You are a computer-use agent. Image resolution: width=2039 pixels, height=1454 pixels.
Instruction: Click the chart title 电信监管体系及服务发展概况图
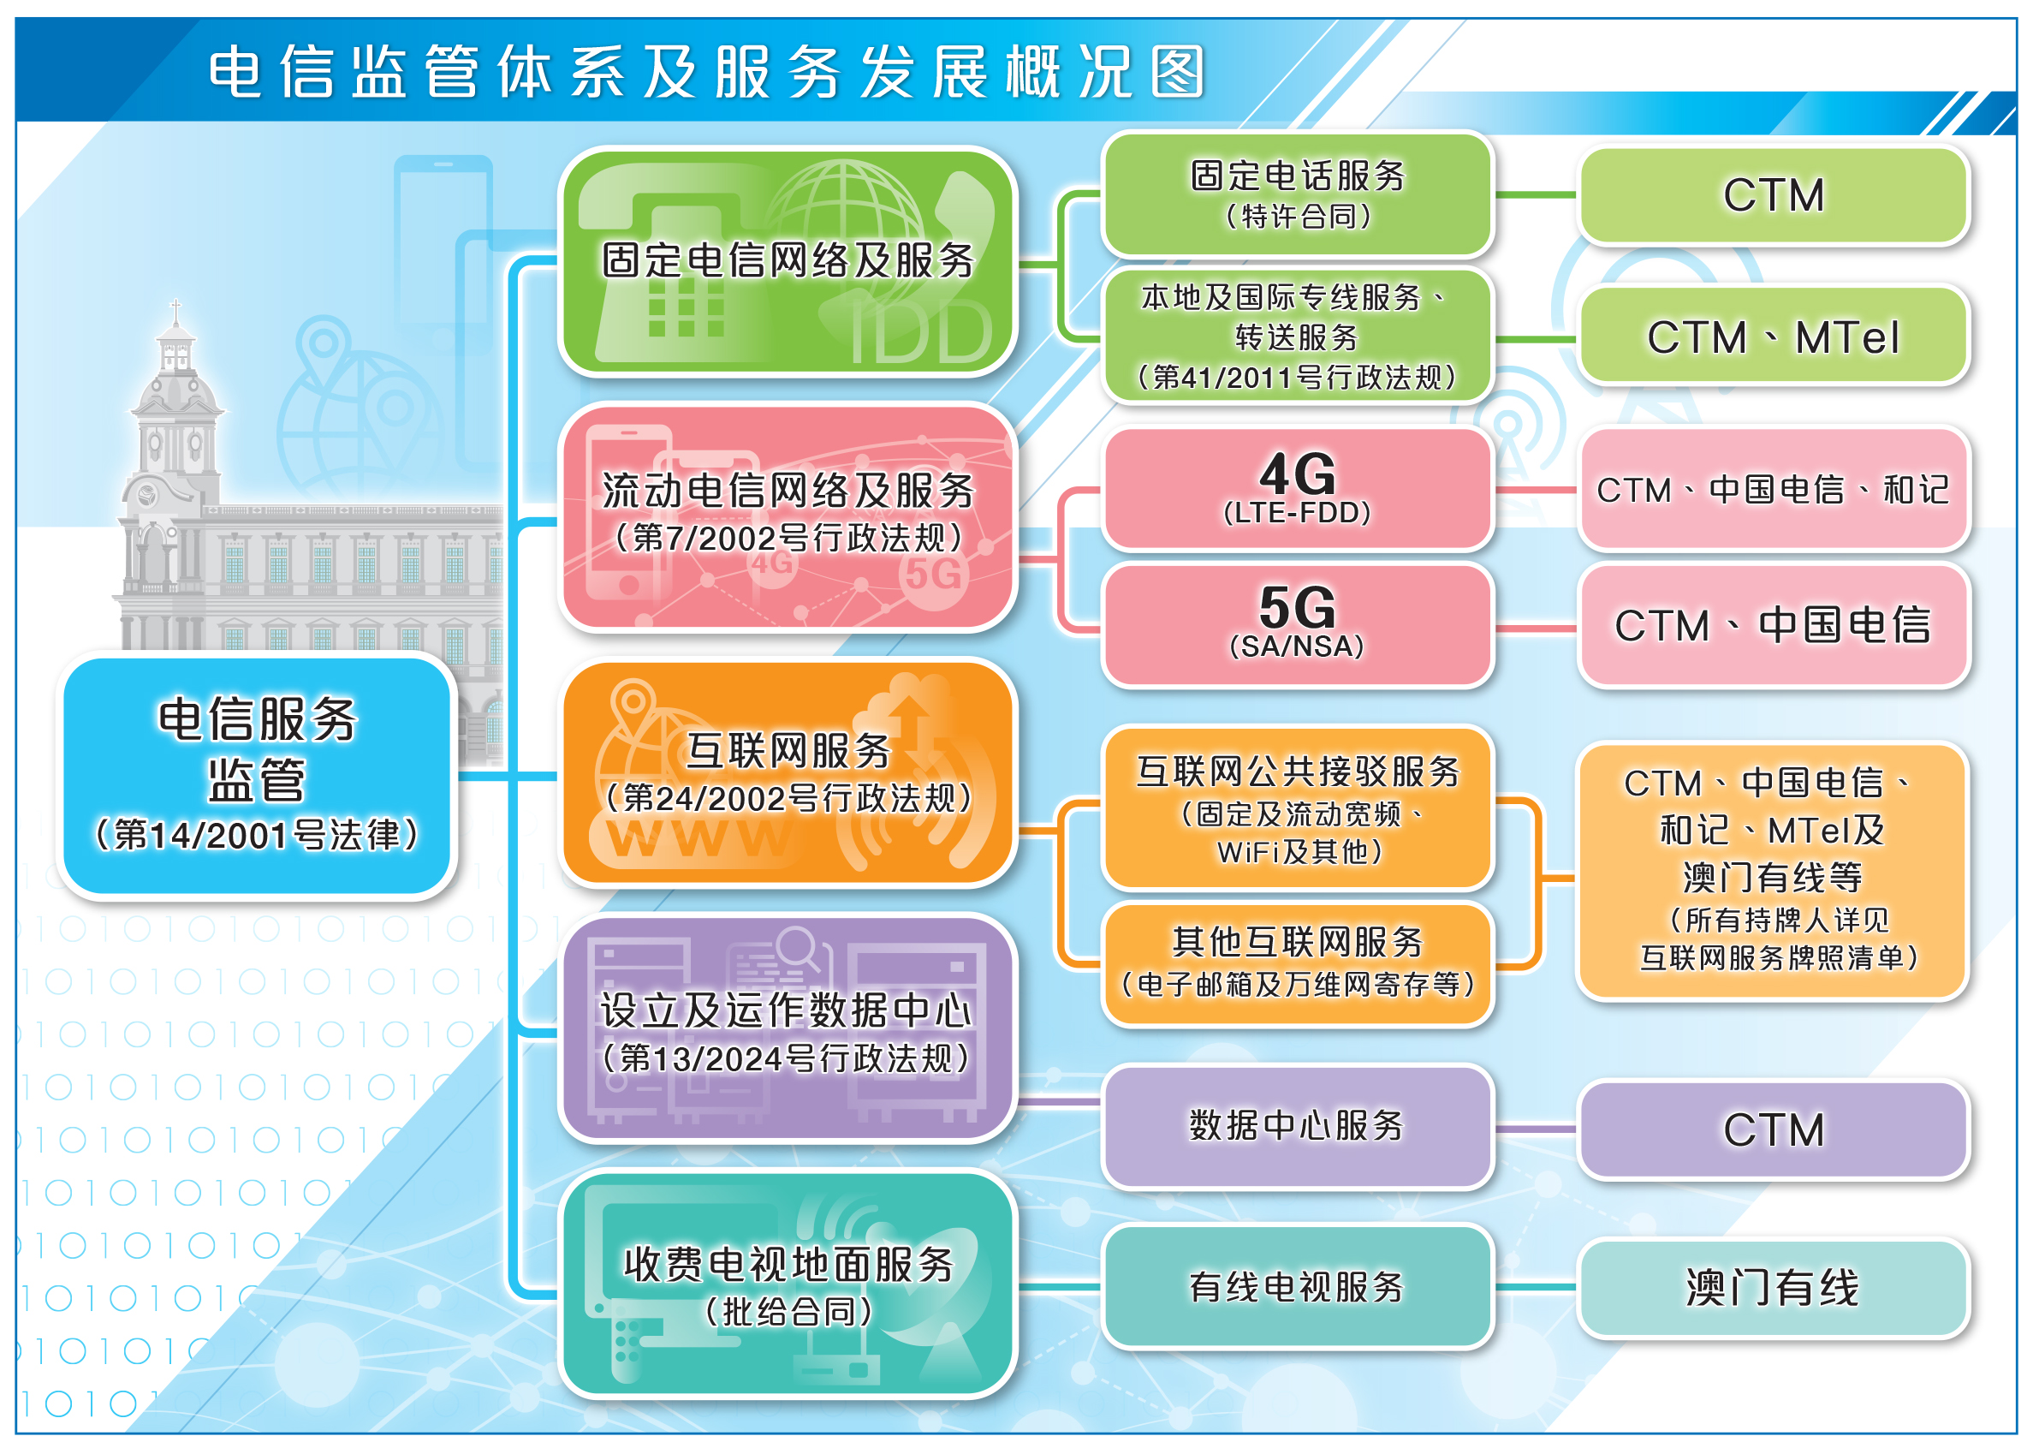(706, 72)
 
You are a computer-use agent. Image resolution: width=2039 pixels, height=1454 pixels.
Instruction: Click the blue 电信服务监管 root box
(257, 775)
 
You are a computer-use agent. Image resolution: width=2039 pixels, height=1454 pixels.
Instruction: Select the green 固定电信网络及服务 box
(788, 260)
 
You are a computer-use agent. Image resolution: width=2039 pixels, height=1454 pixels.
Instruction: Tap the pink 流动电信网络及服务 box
(788, 517)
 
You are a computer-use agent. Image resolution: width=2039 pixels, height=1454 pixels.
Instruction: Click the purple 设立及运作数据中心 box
(788, 1029)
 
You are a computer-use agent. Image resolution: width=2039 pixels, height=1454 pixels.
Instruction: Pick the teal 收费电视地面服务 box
(788, 1285)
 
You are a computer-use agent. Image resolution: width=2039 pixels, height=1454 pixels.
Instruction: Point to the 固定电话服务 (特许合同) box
(1298, 194)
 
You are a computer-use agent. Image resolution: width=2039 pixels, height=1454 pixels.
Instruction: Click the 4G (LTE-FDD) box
(1298, 489)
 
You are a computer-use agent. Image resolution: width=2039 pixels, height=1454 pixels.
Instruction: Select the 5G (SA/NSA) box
(1298, 625)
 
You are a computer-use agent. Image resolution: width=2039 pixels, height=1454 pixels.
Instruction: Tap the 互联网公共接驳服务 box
(1298, 808)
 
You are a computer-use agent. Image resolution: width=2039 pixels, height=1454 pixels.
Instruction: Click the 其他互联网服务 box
(1298, 963)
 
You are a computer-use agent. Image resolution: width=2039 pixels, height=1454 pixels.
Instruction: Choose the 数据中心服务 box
(1298, 1127)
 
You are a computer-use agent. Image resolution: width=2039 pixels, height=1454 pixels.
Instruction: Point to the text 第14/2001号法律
(257, 834)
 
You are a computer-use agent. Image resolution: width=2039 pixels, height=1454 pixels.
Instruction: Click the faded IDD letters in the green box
(921, 332)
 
